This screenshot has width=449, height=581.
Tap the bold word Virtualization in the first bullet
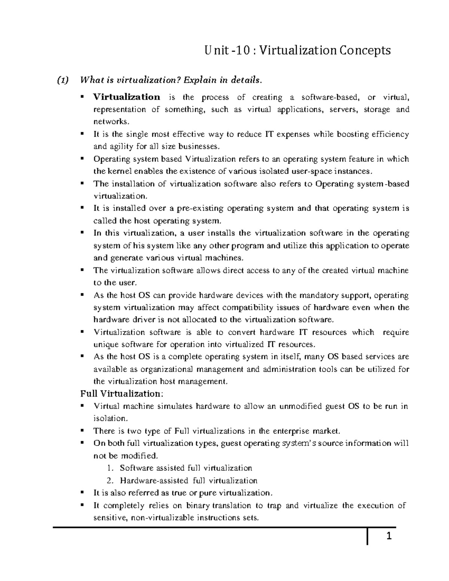pos(126,97)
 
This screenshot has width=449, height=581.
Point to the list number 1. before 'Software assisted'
pos(109,468)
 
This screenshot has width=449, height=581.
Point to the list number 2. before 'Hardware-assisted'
pos(109,481)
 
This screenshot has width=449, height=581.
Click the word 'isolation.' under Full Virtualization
pos(110,418)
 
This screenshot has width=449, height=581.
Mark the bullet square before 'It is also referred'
pos(82,493)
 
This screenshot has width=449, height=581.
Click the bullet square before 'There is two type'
pos(82,431)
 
